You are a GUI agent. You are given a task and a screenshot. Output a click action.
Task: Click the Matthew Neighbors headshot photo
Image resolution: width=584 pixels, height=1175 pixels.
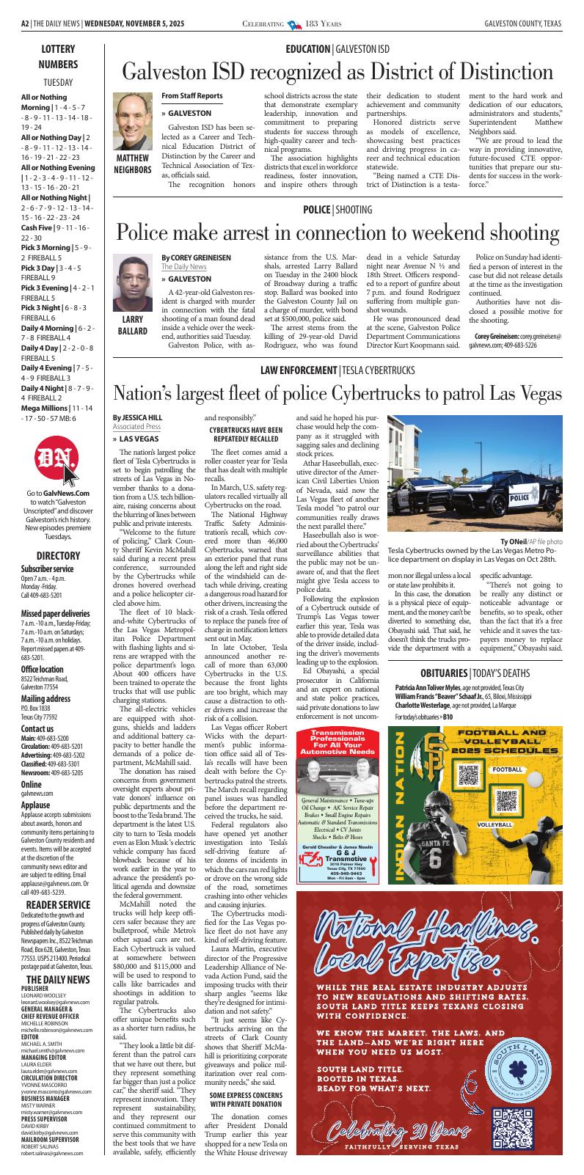coord(132,121)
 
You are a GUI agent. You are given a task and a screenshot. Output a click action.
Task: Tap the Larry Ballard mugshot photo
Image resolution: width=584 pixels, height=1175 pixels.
coord(132,283)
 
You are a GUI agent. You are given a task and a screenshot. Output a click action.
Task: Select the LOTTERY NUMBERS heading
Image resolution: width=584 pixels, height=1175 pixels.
coord(58,56)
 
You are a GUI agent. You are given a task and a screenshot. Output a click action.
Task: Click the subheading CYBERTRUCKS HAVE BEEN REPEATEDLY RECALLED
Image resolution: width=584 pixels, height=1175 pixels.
coord(245,434)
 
